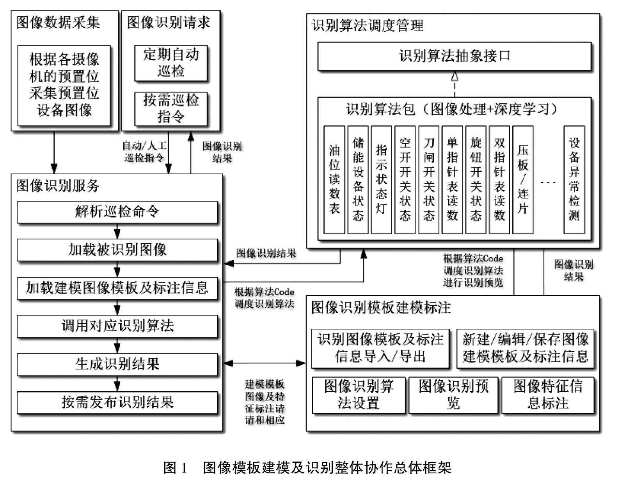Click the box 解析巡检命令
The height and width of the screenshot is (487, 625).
click(117, 212)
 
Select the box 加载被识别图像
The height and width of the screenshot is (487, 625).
click(117, 250)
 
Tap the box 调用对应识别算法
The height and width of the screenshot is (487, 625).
click(117, 326)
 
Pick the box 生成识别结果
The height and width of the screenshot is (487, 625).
click(117, 364)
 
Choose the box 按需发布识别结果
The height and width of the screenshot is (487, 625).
click(117, 402)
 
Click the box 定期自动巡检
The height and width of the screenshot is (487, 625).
click(171, 63)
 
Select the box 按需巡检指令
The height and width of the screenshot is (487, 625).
click(171, 109)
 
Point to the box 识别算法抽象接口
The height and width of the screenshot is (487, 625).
click(455, 57)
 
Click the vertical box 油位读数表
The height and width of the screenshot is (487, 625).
click(334, 180)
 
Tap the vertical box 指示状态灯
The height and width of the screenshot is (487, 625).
click(381, 180)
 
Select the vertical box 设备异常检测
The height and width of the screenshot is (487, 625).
click(574, 180)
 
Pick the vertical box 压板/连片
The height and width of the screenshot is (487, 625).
click(523, 180)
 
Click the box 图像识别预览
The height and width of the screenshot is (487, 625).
click(453, 395)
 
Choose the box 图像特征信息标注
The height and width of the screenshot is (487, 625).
click(548, 395)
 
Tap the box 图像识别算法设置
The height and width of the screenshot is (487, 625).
click(359, 395)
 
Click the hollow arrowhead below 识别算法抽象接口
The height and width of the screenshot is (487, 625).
click(455, 76)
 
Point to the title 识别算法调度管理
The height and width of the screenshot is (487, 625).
click(368, 26)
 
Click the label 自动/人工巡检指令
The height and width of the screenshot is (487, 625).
click(144, 152)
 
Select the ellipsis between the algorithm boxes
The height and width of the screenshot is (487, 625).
click(548, 182)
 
